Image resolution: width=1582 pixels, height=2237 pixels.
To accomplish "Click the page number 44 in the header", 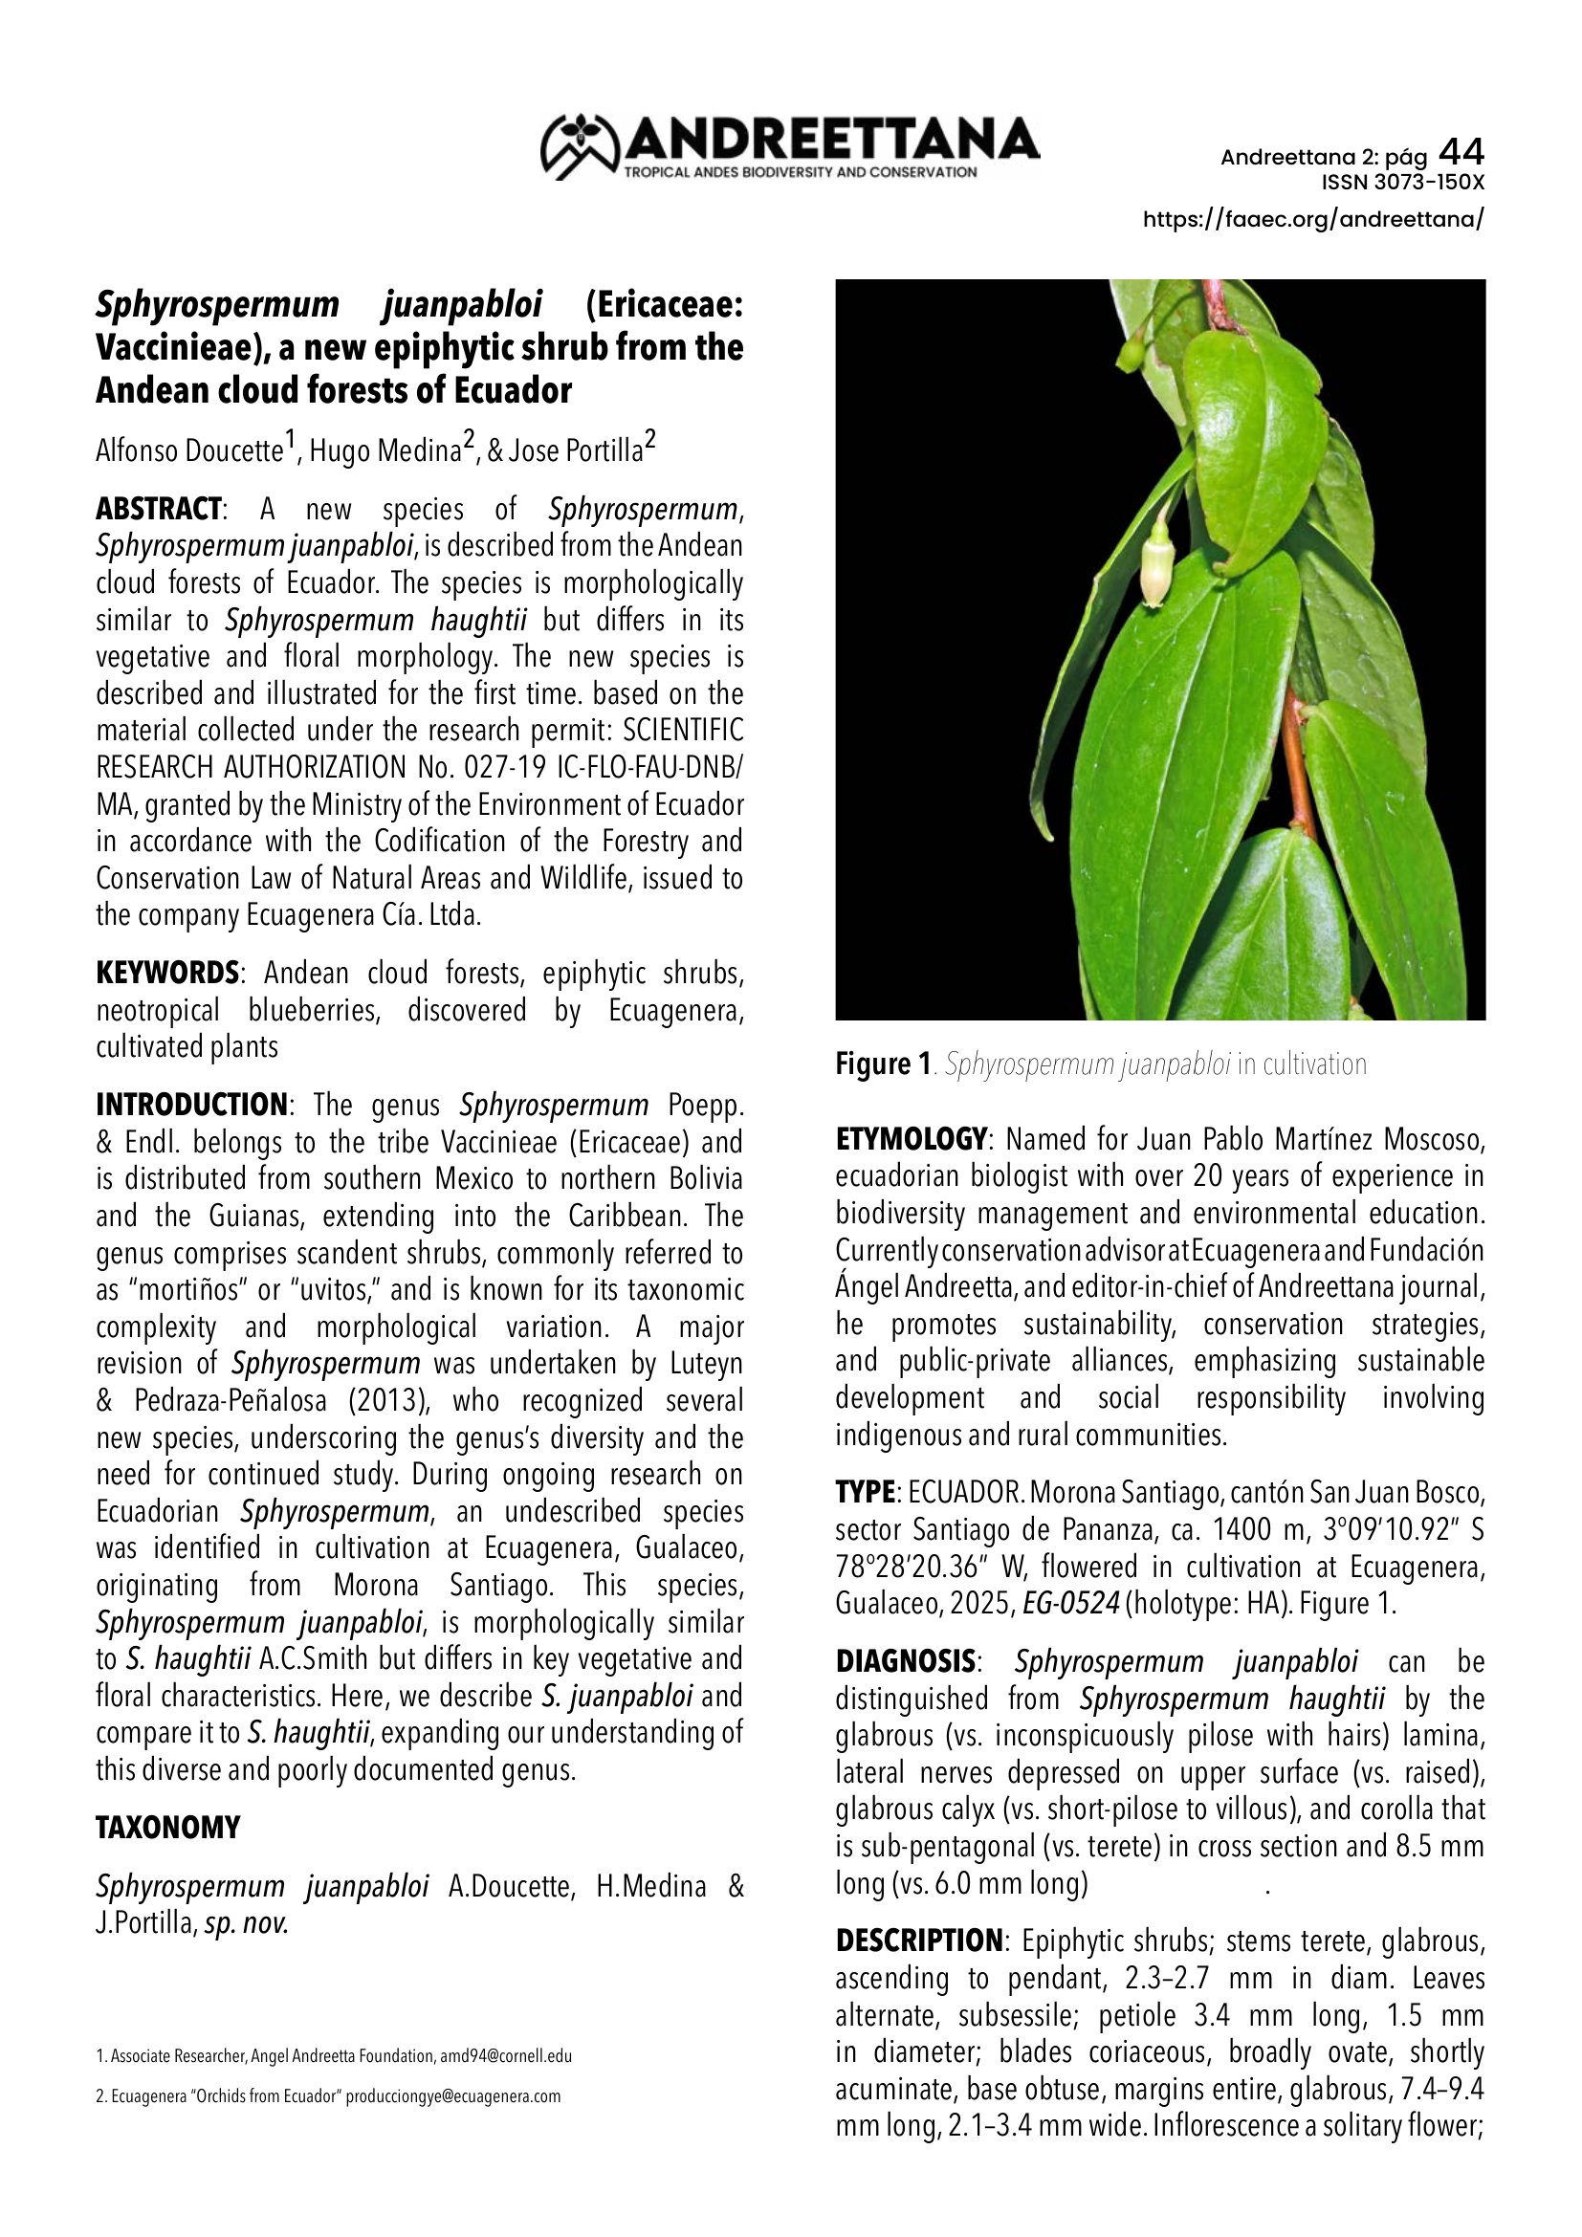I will click(x=1461, y=152).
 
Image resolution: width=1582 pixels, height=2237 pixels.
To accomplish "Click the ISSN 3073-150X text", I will click(x=1403, y=183).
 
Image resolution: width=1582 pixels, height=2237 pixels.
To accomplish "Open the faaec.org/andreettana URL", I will click(x=1313, y=219).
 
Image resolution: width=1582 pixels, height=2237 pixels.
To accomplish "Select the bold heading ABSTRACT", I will click(x=159, y=509).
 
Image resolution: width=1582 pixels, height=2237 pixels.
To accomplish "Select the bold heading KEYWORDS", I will click(x=167, y=973).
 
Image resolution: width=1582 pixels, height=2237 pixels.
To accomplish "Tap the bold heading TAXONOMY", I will click(x=167, y=1827).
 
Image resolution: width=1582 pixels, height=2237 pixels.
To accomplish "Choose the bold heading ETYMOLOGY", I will click(x=911, y=1139).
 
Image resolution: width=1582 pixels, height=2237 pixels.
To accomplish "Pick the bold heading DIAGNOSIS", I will click(x=906, y=1660).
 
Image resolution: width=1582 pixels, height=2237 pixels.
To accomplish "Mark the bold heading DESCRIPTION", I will click(x=918, y=1940).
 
